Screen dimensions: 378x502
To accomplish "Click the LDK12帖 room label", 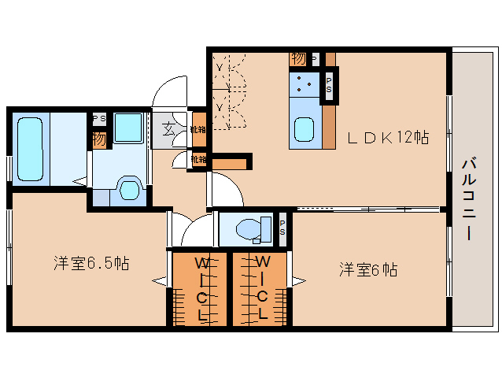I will pos(388,138).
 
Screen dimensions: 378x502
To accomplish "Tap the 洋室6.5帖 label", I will pos(92,263).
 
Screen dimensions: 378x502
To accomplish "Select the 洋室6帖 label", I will pos(367,269).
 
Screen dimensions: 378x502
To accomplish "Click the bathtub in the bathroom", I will pos(32,148).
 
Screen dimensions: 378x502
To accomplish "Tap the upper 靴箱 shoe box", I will pos(198,130).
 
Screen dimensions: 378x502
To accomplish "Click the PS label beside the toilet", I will pos(282,228).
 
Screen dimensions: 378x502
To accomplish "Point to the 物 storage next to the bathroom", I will pos(98,140).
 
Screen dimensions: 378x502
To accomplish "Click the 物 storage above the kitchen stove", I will pos(298,58).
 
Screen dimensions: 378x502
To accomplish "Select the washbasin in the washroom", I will pos(127,187).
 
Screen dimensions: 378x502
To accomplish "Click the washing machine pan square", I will pos(127,128).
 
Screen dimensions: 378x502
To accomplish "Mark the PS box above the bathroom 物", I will pos(99,119).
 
